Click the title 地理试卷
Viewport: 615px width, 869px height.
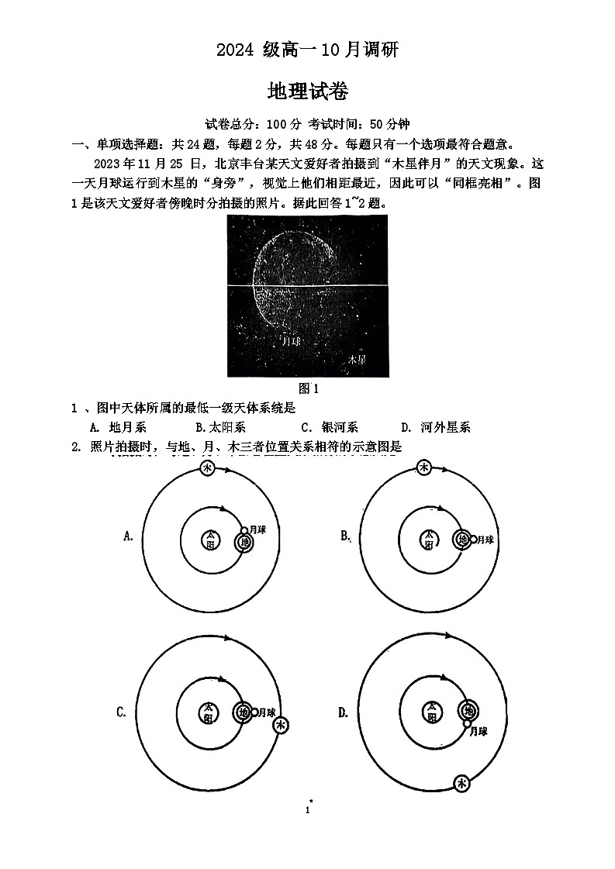(x=307, y=91)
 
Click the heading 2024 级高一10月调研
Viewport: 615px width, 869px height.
(x=307, y=50)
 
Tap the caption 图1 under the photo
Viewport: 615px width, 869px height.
(x=309, y=388)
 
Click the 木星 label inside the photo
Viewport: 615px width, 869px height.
(x=356, y=360)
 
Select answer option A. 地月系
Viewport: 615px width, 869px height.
(x=118, y=427)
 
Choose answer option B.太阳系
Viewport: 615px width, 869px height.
(x=220, y=427)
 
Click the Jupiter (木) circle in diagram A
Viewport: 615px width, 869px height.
(x=208, y=468)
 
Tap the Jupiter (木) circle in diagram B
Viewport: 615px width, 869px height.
(x=423, y=467)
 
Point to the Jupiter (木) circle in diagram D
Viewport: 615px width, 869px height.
(x=463, y=783)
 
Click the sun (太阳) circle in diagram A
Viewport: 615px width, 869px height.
(x=209, y=540)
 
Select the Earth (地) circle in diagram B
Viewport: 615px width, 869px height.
(x=462, y=539)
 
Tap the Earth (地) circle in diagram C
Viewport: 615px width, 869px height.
(x=244, y=712)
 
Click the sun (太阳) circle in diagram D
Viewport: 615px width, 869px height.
(x=430, y=712)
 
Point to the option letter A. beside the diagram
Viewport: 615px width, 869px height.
(x=129, y=536)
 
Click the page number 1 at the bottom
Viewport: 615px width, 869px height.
(x=308, y=810)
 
